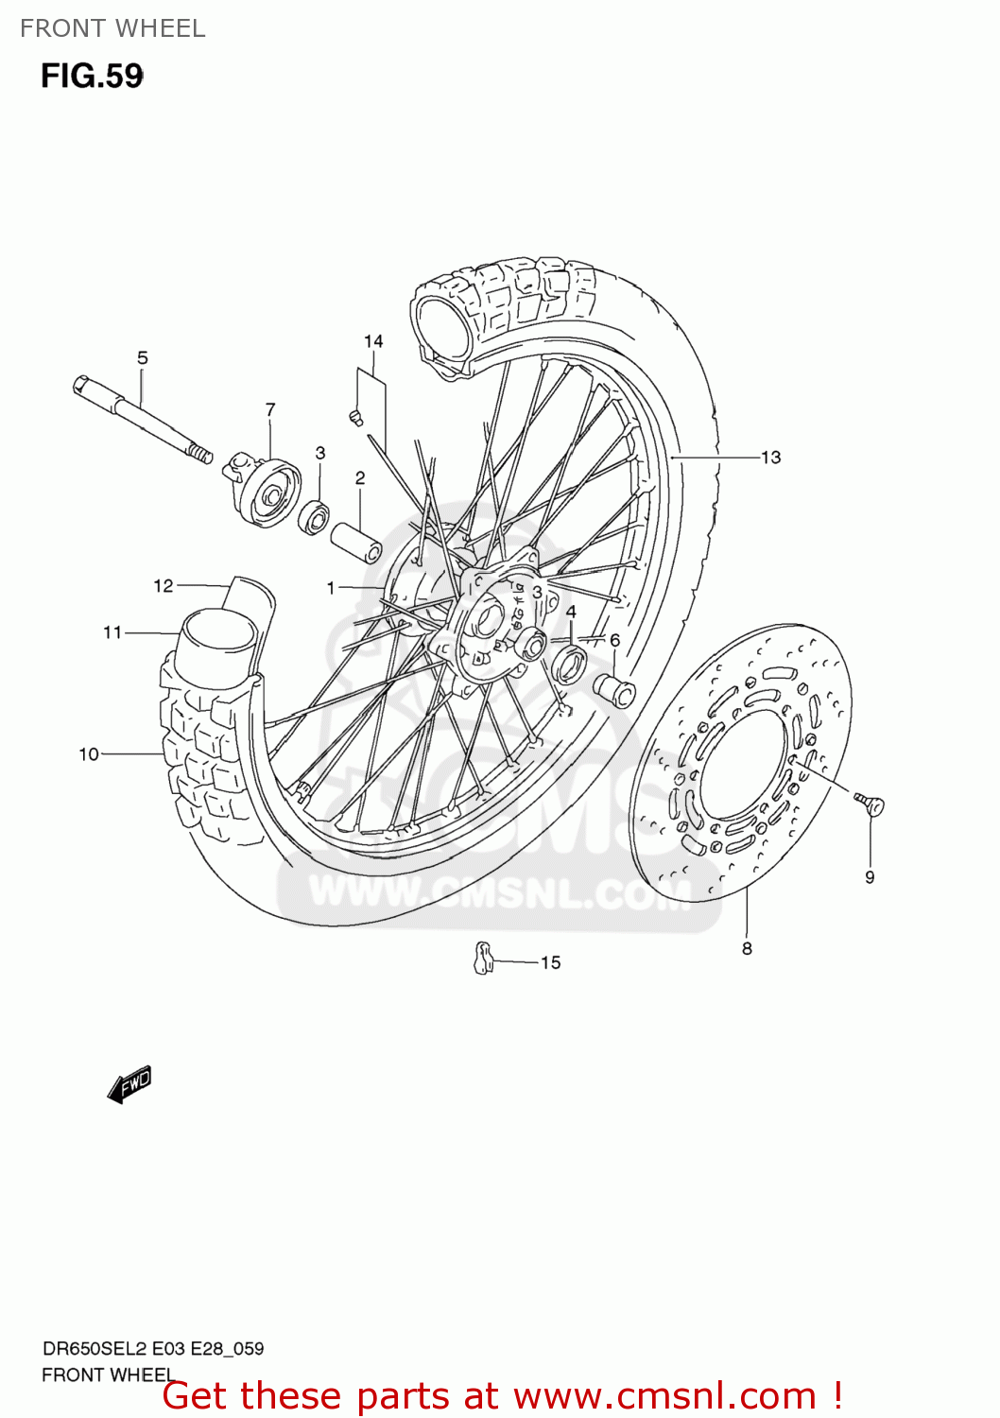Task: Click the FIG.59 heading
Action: click(92, 76)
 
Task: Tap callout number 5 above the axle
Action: click(143, 357)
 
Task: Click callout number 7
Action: click(270, 409)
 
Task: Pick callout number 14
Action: click(373, 341)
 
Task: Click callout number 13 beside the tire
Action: click(771, 458)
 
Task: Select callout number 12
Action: click(164, 586)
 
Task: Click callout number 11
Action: click(112, 632)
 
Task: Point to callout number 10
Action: click(89, 754)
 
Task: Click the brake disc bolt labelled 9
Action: click(871, 805)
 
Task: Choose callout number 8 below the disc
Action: click(747, 948)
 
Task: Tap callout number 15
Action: click(550, 962)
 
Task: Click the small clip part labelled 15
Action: click(483, 958)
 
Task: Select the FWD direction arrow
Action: click(129, 1084)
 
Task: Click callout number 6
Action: click(614, 640)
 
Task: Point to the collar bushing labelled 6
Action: click(614, 692)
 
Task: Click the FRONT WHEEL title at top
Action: click(112, 28)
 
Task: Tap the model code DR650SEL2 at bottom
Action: click(85, 1349)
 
